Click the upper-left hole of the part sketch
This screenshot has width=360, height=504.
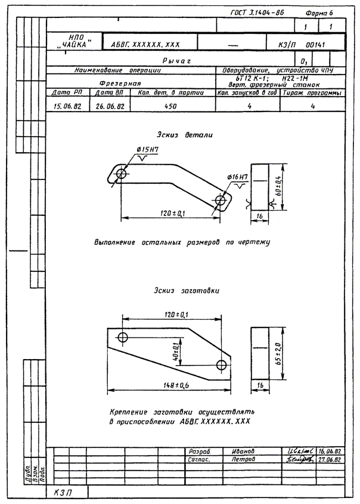[x=122, y=174]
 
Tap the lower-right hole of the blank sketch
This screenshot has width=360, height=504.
[x=222, y=364]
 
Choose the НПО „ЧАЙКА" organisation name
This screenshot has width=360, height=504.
[x=74, y=41]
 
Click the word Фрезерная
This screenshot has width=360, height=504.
[x=120, y=84]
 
